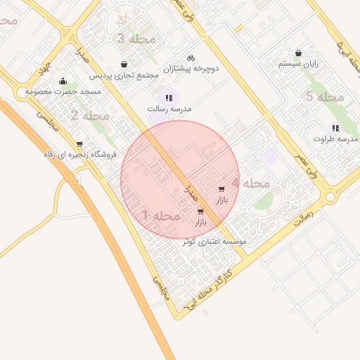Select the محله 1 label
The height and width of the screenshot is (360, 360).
click(x=162, y=215)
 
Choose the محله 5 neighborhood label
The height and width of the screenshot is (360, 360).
click(x=324, y=96)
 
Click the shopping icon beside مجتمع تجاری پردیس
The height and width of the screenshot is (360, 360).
click(x=124, y=65)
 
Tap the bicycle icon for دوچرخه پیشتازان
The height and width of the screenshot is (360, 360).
click(x=190, y=58)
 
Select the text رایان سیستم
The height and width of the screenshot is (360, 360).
click(x=298, y=63)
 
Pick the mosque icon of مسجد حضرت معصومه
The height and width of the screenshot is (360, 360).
click(x=63, y=81)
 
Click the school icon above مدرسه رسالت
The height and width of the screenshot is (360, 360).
click(x=168, y=98)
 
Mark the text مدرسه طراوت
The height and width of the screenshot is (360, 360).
click(x=335, y=139)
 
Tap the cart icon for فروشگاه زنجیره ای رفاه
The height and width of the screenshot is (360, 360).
click(x=79, y=144)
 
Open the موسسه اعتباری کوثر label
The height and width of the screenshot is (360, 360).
click(x=214, y=241)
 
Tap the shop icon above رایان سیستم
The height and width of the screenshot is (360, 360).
click(x=298, y=53)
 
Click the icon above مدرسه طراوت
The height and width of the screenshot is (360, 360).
click(x=335, y=128)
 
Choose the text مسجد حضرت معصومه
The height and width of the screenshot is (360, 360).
click(x=63, y=92)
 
